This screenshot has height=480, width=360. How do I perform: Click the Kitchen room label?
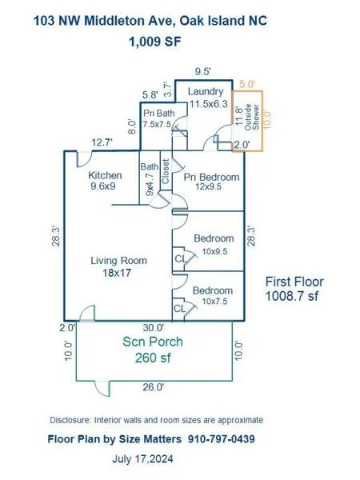click(105, 175)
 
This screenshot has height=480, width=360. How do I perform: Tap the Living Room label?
click(118, 261)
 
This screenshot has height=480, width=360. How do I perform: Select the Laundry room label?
click(206, 91)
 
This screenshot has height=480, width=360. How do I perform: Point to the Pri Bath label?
click(159, 114)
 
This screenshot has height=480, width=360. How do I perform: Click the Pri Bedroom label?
click(211, 177)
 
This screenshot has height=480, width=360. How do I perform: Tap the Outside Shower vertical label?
click(252, 117)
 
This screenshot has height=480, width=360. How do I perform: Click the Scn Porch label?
click(153, 342)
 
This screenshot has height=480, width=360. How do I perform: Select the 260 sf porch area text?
click(153, 358)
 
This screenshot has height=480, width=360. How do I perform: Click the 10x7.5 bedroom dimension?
click(214, 302)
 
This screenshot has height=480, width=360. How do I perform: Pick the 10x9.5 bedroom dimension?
click(214, 251)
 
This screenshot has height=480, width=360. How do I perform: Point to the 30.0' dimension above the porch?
click(154, 328)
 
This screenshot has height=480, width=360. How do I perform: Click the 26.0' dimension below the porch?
click(154, 387)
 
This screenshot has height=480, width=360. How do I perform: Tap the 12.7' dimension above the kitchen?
click(102, 142)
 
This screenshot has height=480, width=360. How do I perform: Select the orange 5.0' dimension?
click(247, 84)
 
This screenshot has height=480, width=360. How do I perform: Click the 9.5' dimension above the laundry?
click(202, 72)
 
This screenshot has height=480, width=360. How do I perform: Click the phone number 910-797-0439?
click(222, 439)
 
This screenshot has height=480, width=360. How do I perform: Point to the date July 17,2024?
click(142, 459)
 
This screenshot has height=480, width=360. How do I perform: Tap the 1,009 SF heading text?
click(155, 42)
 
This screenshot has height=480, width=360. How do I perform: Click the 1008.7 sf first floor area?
click(291, 296)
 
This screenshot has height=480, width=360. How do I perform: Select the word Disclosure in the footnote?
click(70, 420)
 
